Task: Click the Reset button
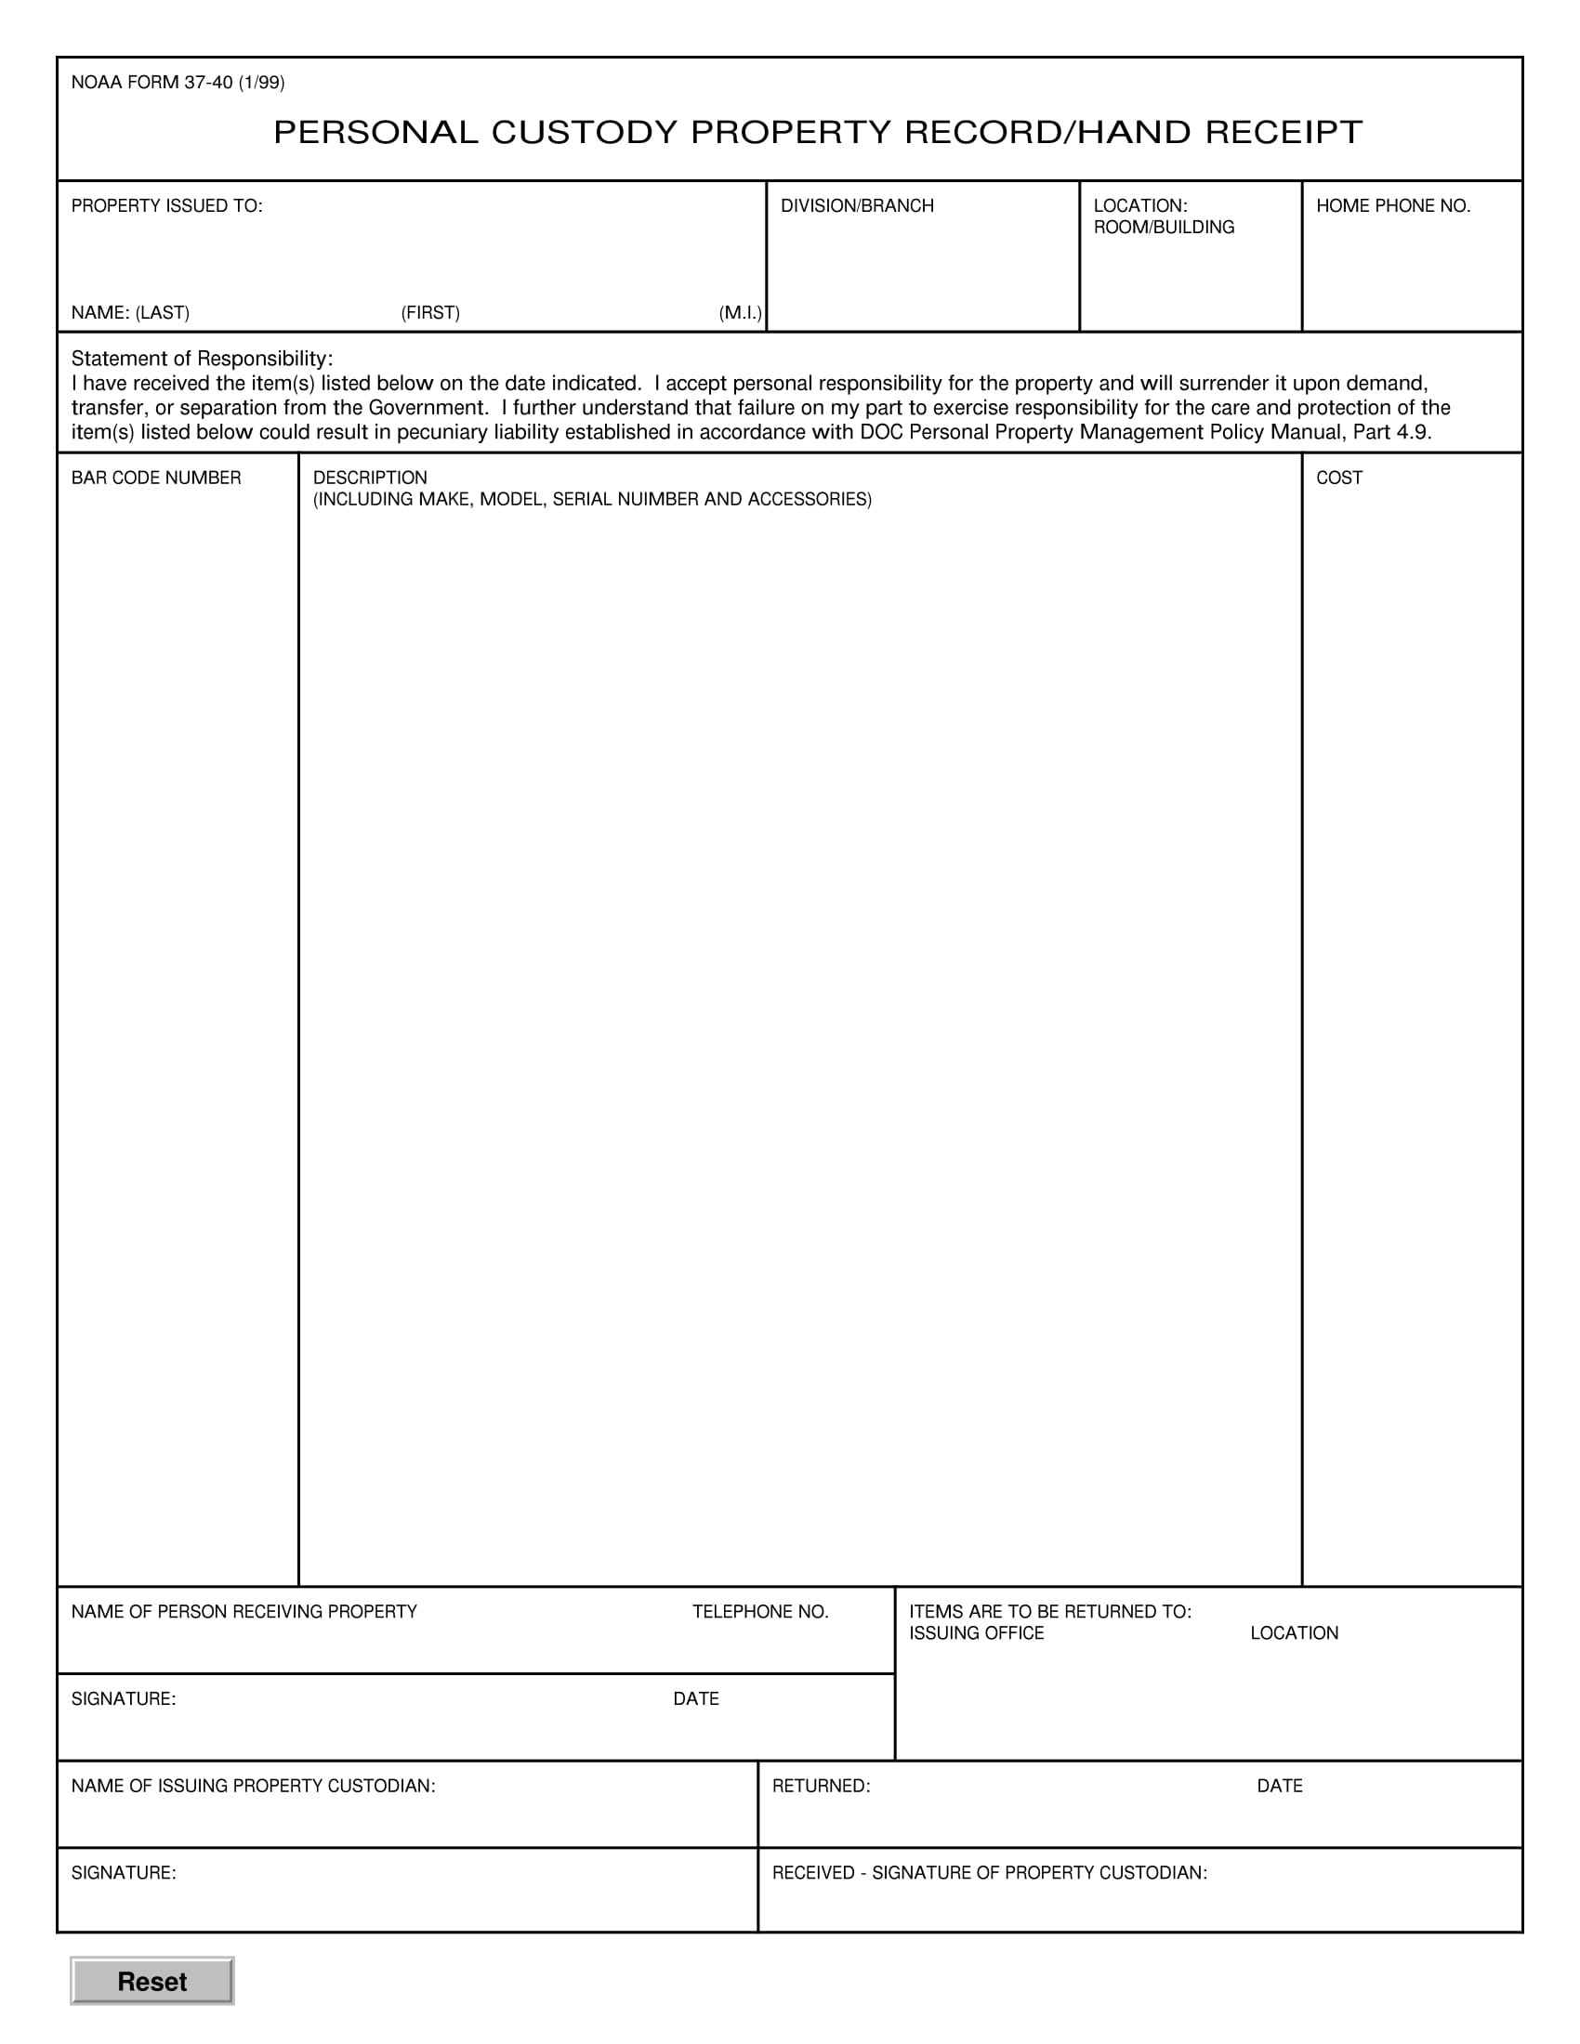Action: [151, 1982]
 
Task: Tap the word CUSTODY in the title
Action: [583, 133]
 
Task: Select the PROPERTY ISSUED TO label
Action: [166, 206]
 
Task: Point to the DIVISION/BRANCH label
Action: [857, 206]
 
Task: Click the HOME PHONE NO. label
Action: [1393, 206]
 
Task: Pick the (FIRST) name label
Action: [430, 312]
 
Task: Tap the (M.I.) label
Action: [740, 312]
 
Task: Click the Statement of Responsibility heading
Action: [202, 359]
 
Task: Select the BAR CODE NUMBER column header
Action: [156, 478]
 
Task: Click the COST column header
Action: [1338, 478]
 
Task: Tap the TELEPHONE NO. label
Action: [760, 1612]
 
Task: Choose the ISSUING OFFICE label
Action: [976, 1633]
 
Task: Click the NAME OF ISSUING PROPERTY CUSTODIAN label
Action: [253, 1786]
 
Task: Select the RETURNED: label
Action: [821, 1786]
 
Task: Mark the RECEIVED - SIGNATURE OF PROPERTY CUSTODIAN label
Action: [990, 1873]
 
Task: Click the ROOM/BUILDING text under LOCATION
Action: [1164, 228]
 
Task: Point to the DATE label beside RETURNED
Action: [1280, 1786]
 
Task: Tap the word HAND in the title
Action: [1135, 133]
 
